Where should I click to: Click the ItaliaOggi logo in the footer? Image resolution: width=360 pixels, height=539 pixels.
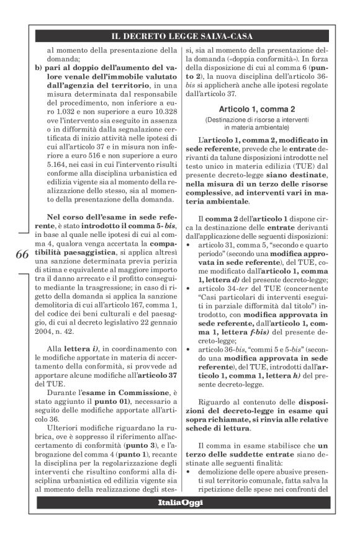coord(180,502)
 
